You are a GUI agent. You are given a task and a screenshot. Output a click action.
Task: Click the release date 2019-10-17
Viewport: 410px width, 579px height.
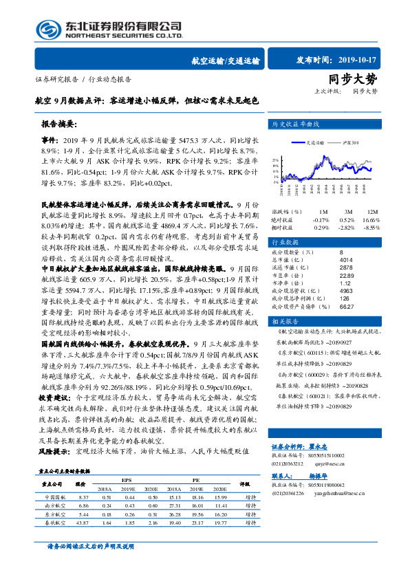[x=358, y=60]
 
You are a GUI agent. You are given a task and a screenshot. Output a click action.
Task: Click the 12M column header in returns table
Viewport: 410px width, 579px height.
[x=372, y=211]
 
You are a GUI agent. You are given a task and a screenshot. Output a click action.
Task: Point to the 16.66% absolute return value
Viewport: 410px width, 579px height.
[x=371, y=219]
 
